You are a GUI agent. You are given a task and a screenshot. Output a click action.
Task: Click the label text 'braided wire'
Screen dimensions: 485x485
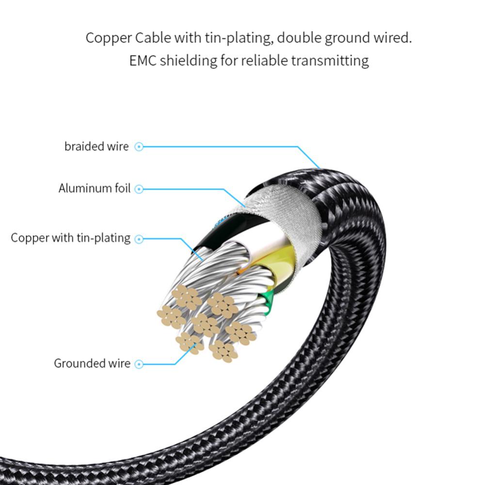click(x=97, y=146)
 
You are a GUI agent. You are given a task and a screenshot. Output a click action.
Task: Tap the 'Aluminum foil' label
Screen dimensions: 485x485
click(x=95, y=189)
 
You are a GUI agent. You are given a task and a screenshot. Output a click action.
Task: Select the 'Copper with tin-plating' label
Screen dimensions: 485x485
click(x=71, y=238)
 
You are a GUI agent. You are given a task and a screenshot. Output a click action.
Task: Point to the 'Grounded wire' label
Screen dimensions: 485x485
click(x=92, y=363)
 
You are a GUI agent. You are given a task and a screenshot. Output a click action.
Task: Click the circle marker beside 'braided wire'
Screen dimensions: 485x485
click(x=139, y=146)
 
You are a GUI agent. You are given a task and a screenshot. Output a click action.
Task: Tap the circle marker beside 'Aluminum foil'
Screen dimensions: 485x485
click(x=139, y=189)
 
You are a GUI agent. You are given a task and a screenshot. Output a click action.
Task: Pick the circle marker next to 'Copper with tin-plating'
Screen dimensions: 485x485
click(x=139, y=239)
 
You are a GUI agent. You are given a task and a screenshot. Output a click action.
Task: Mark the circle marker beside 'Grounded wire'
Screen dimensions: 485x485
click(x=139, y=364)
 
